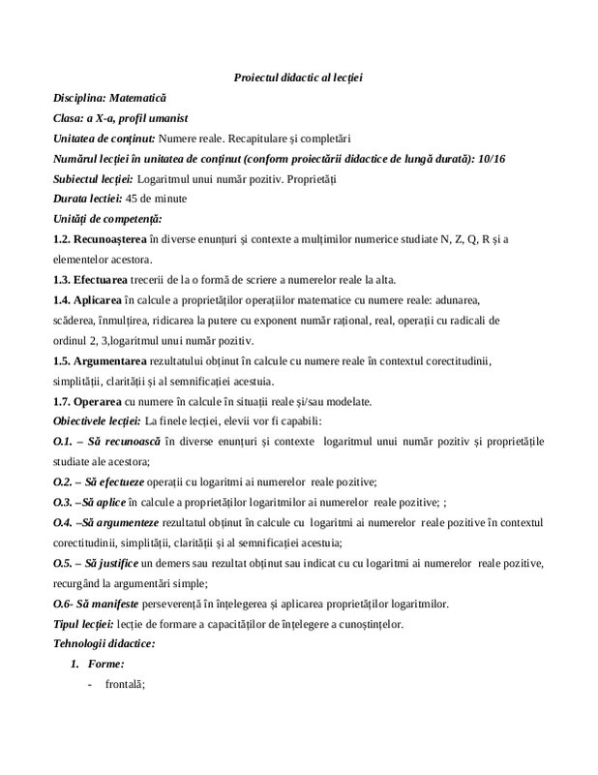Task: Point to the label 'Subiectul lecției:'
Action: coord(93,179)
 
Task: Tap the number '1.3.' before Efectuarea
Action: coord(65,281)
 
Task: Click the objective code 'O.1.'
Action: coord(64,443)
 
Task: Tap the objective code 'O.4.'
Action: coord(64,523)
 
